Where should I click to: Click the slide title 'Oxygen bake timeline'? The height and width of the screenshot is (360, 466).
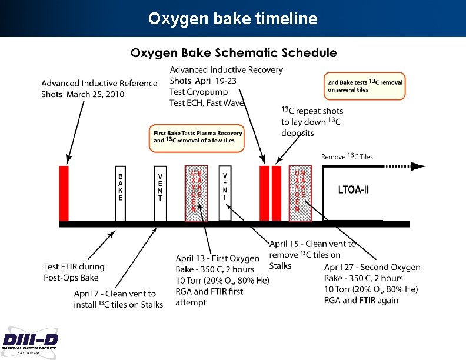coord(232,19)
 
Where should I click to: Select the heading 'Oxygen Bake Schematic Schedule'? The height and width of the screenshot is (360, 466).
coord(234,53)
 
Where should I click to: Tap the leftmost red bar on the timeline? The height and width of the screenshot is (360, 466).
coord(64,193)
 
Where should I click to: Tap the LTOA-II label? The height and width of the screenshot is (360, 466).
coord(354,190)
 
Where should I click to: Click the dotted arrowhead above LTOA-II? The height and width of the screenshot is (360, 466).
coord(419,166)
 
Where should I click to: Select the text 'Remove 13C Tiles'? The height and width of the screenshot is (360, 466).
coord(347,157)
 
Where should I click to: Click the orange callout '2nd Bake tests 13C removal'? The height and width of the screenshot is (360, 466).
coord(365,86)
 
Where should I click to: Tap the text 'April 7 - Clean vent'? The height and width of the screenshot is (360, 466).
coord(115,294)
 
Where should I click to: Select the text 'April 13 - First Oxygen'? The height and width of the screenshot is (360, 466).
coord(217,259)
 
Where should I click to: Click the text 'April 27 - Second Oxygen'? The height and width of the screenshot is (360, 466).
coord(372,268)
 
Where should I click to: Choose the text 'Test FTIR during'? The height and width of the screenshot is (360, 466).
coord(74,267)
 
